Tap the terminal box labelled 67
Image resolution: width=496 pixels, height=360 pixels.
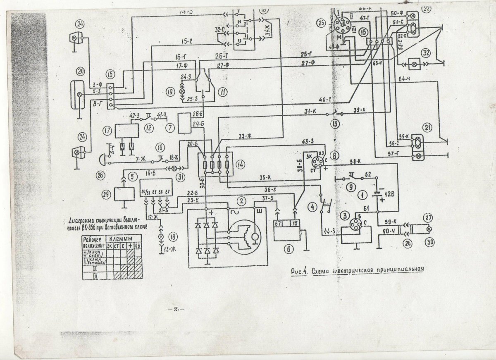pos(278,224)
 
